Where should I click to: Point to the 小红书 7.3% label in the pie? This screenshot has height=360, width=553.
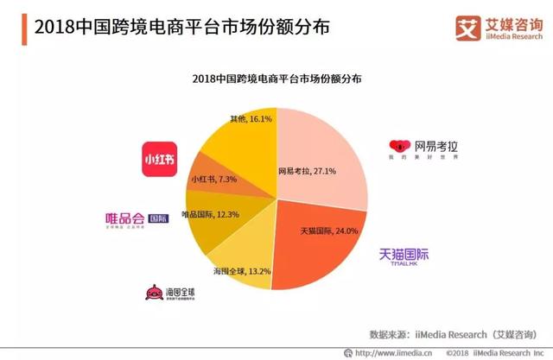[x=213, y=179]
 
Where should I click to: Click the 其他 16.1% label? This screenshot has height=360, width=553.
[x=251, y=117]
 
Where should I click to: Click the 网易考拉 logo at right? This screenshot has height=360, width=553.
[x=424, y=148]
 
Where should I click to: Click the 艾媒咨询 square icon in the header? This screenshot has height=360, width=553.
[x=467, y=26]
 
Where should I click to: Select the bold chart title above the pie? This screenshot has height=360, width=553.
[x=276, y=79]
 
